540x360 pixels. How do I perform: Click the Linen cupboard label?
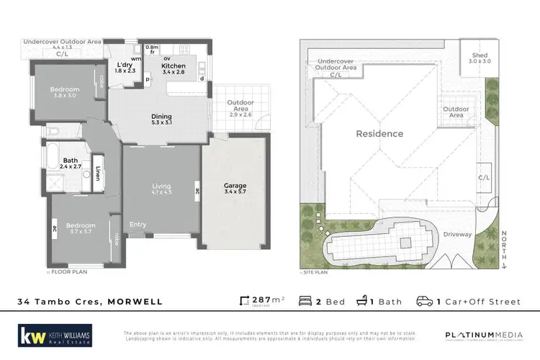point(98,174)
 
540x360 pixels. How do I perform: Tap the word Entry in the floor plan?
point(138,225)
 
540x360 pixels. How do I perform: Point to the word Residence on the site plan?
point(379,133)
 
